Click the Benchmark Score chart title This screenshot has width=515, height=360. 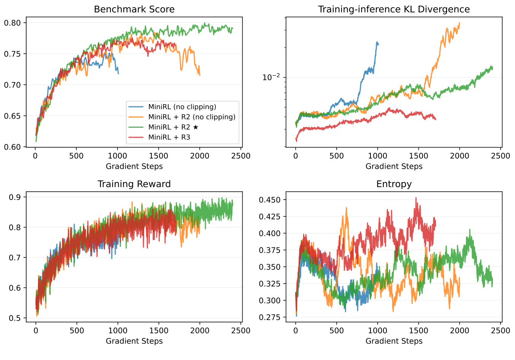[134, 9]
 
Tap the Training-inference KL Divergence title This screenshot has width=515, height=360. [394, 9]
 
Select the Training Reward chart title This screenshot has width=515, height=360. [134, 184]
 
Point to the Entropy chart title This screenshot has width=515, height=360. [394, 184]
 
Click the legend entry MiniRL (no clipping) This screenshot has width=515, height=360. [182, 107]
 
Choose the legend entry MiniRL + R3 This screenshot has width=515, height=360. [169, 137]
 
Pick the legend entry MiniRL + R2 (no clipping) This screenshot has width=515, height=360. [192, 117]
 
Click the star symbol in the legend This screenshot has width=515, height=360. [196, 127]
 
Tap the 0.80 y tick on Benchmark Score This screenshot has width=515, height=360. [13, 23]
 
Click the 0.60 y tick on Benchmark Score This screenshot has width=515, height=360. [13, 147]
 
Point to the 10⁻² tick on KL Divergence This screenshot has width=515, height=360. [271, 77]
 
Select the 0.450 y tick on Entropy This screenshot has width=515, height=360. [270, 200]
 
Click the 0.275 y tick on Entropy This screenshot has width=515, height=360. [270, 317]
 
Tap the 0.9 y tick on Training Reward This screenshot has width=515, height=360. [16, 197]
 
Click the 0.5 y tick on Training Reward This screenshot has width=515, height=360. [16, 318]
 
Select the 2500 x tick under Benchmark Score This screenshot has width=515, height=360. [240, 156]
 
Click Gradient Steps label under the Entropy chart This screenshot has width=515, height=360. [394, 341]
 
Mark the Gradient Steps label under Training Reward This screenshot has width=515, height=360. [134, 341]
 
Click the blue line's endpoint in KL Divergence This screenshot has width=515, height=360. [378, 44]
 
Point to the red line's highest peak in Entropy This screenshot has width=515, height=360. [416, 198]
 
